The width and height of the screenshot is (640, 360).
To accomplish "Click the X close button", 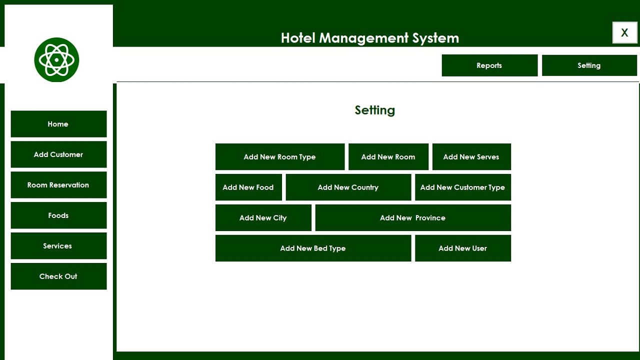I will click(624, 33).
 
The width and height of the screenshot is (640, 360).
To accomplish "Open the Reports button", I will click(489, 65).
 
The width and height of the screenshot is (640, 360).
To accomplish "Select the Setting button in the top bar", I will click(589, 65).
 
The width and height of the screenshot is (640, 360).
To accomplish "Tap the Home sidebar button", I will click(58, 124).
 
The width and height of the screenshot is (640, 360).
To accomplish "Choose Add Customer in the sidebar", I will click(58, 154).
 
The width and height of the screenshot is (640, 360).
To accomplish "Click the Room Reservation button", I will click(58, 185).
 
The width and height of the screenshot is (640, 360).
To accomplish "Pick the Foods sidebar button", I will click(58, 215).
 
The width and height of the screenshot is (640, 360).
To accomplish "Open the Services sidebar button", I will click(58, 246).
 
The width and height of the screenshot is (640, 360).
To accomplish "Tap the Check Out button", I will click(58, 276).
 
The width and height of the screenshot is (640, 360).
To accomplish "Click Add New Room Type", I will click(280, 157).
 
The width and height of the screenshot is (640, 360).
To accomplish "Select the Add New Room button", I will click(388, 157).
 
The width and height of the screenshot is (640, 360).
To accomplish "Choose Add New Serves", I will click(471, 157).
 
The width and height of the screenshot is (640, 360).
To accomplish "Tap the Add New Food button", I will click(248, 187).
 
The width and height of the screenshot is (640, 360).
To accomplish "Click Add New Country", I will click(348, 187).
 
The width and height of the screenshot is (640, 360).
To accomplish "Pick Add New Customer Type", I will click(463, 187).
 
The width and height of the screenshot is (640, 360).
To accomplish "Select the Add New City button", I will click(263, 218).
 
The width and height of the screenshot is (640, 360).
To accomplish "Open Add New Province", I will click(413, 218).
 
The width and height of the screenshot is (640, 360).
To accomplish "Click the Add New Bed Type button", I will click(313, 248).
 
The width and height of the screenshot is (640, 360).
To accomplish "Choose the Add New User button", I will click(463, 248).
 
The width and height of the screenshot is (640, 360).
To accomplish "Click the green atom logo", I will click(56, 60).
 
